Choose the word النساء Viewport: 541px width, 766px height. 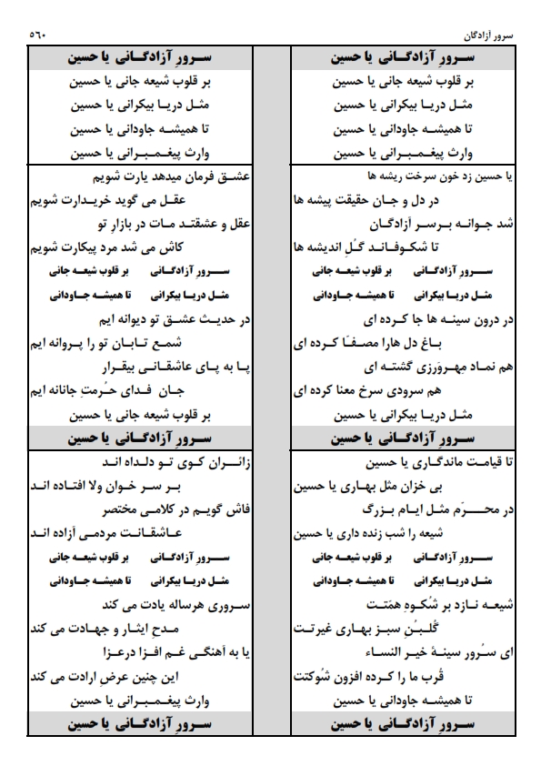pos(345,652)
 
